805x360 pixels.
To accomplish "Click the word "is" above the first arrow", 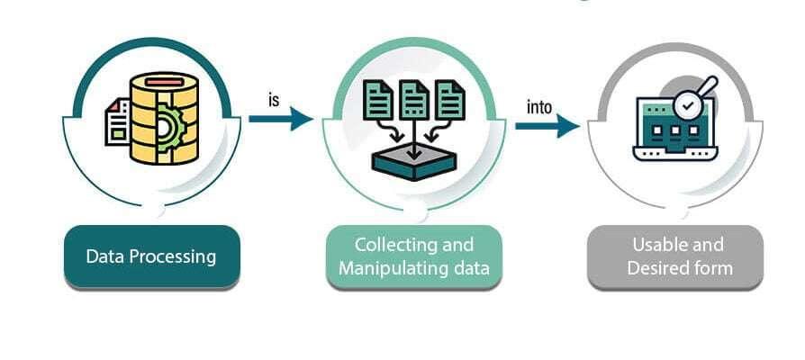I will point(274,99).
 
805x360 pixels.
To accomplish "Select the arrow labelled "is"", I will point(280,118).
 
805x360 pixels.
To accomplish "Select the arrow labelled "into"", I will point(546,126).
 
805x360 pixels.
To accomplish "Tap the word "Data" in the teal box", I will point(104,256).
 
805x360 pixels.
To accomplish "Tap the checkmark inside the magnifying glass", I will point(689,105).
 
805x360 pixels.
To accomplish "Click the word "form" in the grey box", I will point(714,267).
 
